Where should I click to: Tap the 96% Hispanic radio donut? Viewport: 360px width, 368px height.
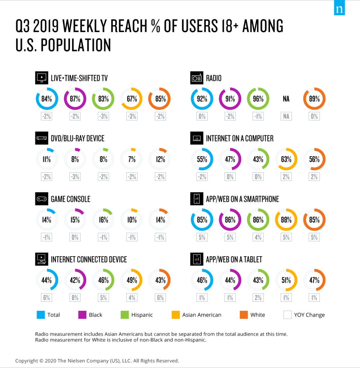click(x=258, y=99)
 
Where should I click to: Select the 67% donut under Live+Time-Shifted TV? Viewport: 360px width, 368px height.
click(x=132, y=99)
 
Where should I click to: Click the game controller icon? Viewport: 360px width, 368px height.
click(x=41, y=199)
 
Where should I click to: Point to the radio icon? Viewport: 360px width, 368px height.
click(x=197, y=78)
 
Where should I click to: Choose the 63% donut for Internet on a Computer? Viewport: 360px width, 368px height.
click(x=286, y=159)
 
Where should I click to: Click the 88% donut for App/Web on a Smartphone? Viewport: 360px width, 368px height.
click(x=286, y=219)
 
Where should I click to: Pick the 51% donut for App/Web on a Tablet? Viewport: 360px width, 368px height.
click(x=286, y=280)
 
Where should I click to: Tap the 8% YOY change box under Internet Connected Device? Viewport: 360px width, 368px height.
click(x=75, y=297)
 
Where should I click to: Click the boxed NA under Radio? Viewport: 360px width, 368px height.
click(x=286, y=116)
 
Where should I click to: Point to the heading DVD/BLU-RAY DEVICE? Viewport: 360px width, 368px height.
click(x=77, y=138)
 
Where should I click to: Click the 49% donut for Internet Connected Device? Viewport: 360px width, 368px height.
click(x=132, y=280)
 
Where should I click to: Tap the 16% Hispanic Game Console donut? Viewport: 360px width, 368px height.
click(x=103, y=219)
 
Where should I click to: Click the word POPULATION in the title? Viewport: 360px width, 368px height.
click(x=76, y=46)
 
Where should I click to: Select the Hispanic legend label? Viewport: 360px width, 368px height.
click(x=142, y=315)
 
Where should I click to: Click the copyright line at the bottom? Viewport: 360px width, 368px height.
click(x=97, y=360)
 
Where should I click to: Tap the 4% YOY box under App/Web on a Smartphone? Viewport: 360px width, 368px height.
click(x=258, y=237)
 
